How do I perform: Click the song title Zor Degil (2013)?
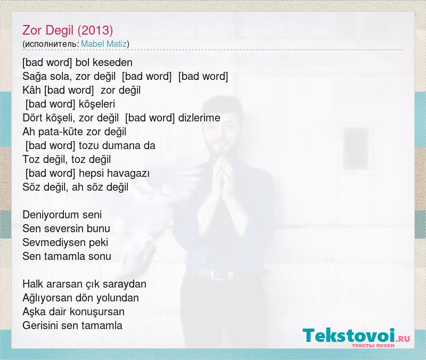pos(68,30)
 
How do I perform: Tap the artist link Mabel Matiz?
pos(104,44)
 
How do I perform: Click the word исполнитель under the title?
pos(51,44)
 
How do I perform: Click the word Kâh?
pos(31,90)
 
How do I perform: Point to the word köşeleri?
pos(97,104)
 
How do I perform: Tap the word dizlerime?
pos(199,118)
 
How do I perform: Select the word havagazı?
pos(128,174)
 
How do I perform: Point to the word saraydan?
pos(127,284)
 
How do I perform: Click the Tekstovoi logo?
pos(356,337)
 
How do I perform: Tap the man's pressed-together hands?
pos(222,176)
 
